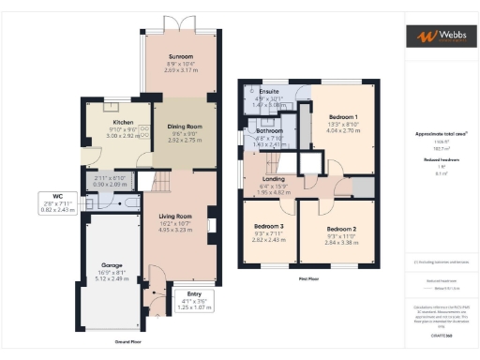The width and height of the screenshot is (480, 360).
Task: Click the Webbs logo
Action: point(439,36)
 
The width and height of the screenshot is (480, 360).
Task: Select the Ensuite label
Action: point(268,93)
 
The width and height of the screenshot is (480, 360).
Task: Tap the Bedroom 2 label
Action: point(340,229)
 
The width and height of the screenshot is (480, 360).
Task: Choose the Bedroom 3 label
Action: point(270,227)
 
